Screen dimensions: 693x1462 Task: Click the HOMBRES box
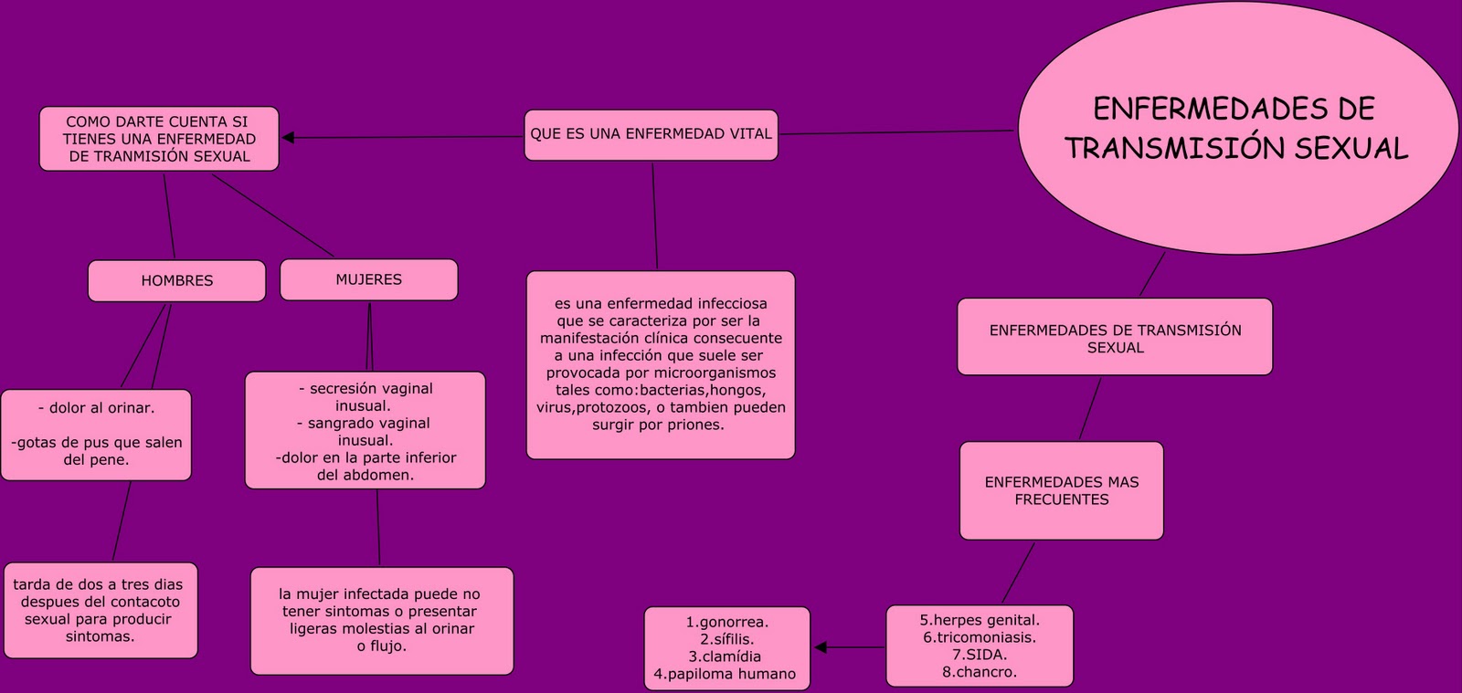pos(176,281)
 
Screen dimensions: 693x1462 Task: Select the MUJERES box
pos(368,280)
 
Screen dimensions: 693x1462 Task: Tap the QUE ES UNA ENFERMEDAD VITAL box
pos(651,134)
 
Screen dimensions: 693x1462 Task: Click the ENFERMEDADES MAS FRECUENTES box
pos(1061,491)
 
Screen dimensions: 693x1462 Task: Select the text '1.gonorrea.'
pos(726,622)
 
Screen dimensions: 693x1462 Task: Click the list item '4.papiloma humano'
pos(725,675)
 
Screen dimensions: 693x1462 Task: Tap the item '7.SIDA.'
pos(980,655)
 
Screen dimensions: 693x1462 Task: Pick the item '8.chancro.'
pos(980,672)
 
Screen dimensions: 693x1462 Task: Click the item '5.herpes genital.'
pos(980,620)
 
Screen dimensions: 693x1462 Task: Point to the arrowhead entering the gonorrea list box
pos(821,647)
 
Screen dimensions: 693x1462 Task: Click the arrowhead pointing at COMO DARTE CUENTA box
pos(288,138)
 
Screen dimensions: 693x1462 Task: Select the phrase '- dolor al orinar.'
pos(96,408)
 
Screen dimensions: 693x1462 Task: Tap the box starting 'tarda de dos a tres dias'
pos(99,610)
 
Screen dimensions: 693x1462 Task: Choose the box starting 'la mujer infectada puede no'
pos(381,621)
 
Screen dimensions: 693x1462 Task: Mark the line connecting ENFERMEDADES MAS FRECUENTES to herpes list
pos(1018,573)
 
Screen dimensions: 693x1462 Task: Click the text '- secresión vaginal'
pos(365,389)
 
